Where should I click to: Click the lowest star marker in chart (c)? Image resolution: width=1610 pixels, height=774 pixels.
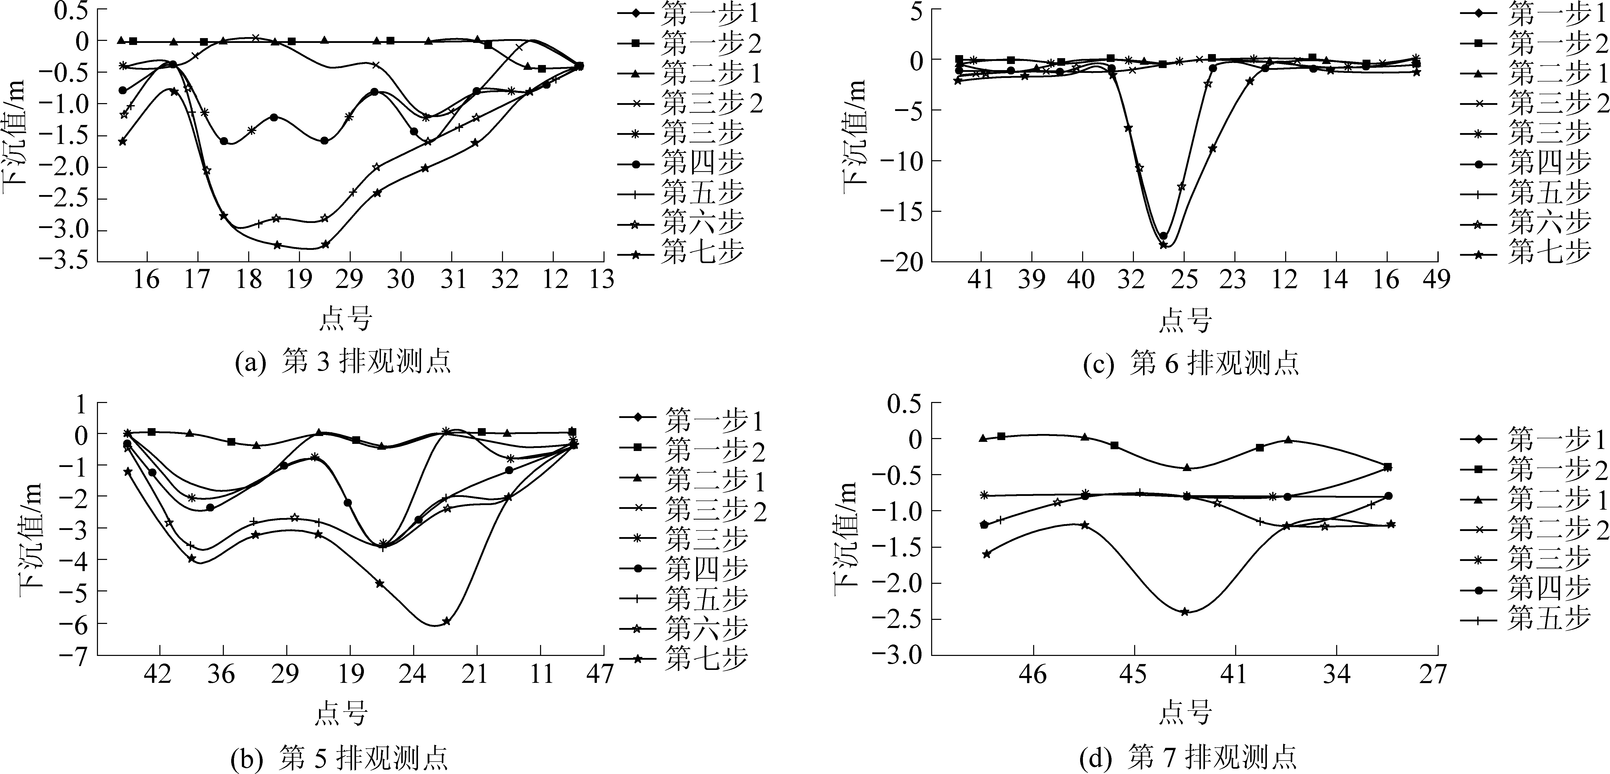click(1163, 245)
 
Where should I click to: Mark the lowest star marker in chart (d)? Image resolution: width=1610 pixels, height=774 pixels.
click(1184, 611)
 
